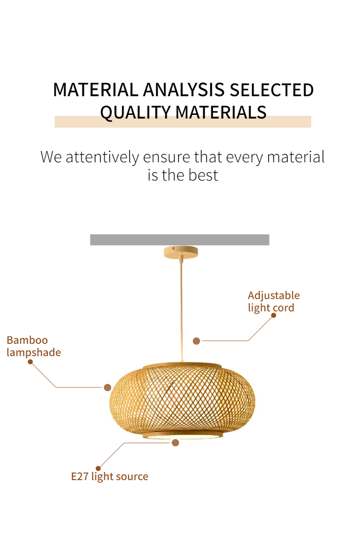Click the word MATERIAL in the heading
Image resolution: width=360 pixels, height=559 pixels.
coord(96,90)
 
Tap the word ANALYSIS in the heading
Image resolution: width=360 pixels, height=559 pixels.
coord(184,90)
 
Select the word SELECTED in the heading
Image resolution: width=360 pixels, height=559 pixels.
coord(272,90)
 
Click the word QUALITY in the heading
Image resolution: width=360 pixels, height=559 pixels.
coord(135,112)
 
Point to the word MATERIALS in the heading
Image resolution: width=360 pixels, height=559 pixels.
coord(221,112)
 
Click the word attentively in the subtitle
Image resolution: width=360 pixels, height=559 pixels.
coord(102,157)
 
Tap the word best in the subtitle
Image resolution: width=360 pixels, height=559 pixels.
coord(203,175)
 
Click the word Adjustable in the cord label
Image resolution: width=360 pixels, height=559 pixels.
coord(274,296)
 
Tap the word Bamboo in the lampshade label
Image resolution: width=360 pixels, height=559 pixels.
coord(27,340)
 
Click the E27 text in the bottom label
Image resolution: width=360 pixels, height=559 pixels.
coord(80,476)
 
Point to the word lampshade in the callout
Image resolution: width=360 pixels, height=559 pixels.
coord(34,353)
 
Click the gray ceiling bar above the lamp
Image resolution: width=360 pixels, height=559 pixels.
coord(180,239)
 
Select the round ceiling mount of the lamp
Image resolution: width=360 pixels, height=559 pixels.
coord(181,252)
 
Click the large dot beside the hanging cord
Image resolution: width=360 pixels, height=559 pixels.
coord(196,341)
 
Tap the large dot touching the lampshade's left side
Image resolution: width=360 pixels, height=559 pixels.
coord(108,388)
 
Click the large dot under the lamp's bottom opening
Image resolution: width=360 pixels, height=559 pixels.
coord(175,443)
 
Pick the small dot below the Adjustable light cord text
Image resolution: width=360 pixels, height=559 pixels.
coord(274,316)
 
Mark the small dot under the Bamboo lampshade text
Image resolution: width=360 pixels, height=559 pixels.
coord(31,362)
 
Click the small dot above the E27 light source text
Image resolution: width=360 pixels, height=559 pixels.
coord(98,468)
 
